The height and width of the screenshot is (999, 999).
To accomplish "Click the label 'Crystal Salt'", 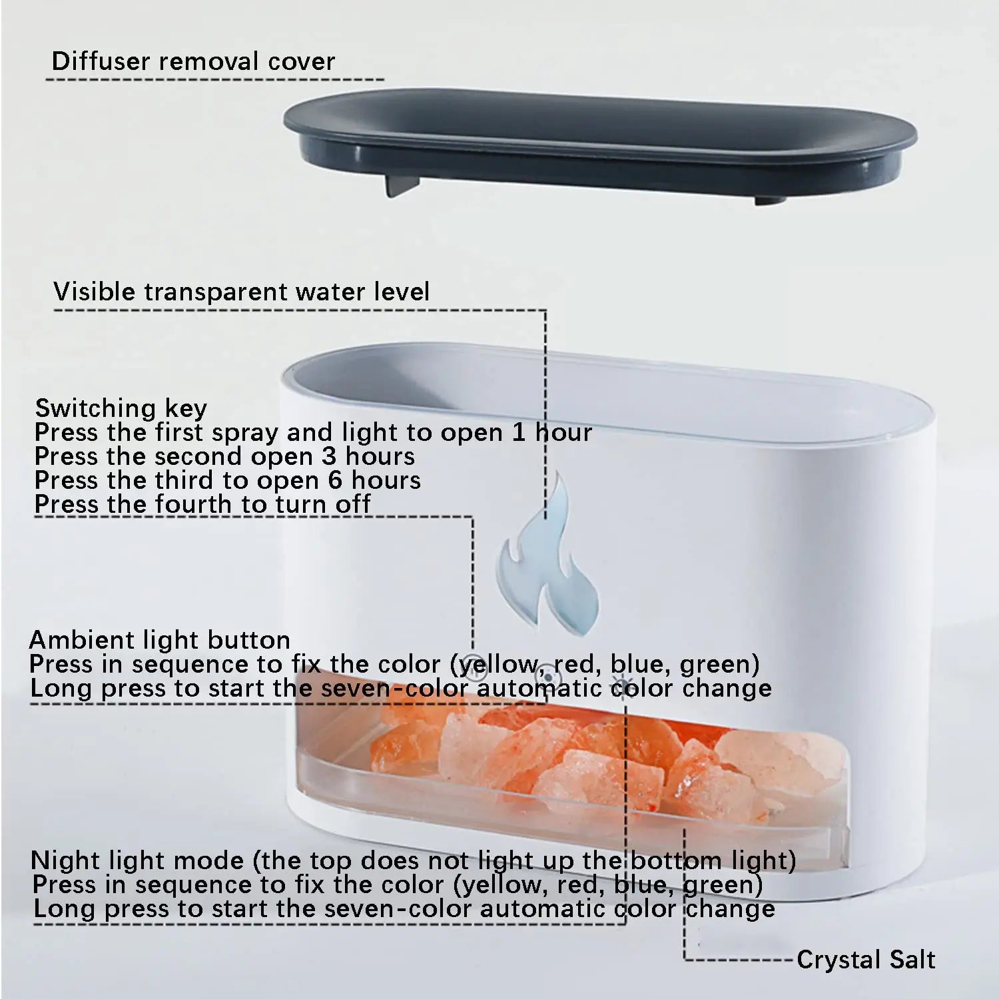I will coord(866,960).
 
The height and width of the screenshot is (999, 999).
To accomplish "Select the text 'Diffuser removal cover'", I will coord(193,61).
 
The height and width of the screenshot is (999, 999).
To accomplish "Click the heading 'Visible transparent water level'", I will coord(241,292).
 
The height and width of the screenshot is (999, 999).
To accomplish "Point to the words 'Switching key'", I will coord(121,408).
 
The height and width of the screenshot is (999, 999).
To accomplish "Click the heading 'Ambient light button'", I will coord(160,640).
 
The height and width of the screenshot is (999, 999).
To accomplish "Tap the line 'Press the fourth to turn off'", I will coord(202,504).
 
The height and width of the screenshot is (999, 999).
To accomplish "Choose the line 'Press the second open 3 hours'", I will coord(224,456).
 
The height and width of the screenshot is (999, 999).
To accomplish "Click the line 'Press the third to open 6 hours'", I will coord(227,480).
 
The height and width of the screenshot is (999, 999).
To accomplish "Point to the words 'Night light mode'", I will coord(137,860).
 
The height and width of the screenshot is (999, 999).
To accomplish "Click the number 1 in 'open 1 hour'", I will coord(518,432).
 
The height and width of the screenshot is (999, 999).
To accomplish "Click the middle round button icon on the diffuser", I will coord(547,676).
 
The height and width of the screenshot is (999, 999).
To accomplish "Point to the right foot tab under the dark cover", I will coord(770,198).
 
